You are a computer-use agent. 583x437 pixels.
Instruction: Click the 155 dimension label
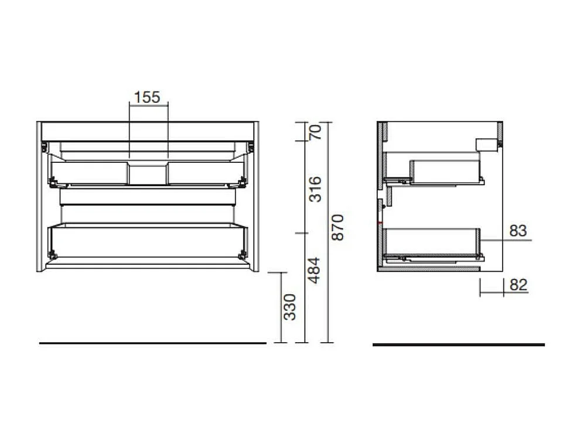pyautogui.click(x=147, y=97)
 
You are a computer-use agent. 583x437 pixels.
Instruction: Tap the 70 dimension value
pyautogui.click(x=316, y=132)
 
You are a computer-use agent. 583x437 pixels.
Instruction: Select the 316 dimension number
pyautogui.click(x=316, y=188)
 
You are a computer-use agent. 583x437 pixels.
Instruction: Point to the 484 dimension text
pyautogui.click(x=316, y=270)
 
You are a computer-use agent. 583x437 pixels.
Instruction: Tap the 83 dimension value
pyautogui.click(x=518, y=231)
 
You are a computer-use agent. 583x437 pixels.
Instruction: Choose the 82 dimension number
pyautogui.click(x=519, y=285)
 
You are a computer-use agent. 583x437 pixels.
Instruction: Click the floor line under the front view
pyautogui.click(x=152, y=343)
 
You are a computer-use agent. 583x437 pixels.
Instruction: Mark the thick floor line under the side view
pyautogui.click(x=458, y=344)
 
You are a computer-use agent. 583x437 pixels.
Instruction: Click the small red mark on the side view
pyautogui.click(x=381, y=224)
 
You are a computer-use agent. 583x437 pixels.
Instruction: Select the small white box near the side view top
pyautogui.click(x=486, y=144)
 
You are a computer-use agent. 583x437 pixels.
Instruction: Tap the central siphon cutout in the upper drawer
pyautogui.click(x=148, y=173)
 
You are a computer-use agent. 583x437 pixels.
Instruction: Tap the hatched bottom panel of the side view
pyautogui.click(x=431, y=269)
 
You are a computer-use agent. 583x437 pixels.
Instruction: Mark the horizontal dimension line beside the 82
pyautogui.click(x=492, y=293)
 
